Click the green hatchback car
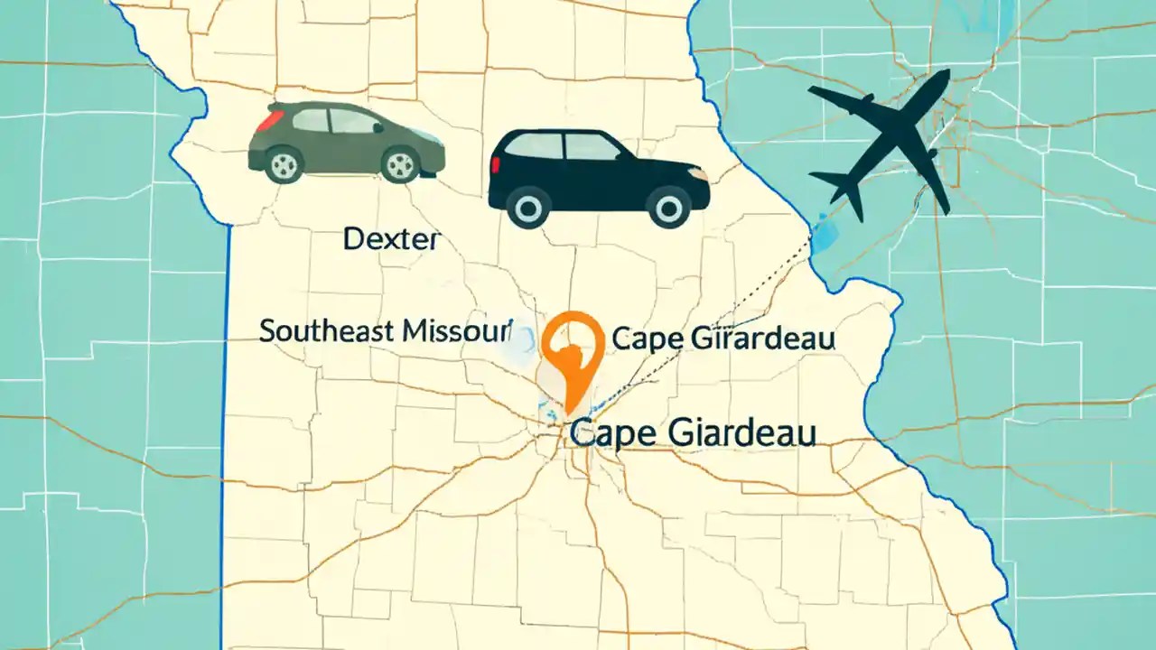click(x=346, y=142)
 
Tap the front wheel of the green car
click(x=398, y=163)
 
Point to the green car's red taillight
click(x=267, y=120)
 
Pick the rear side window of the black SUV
click(x=535, y=146)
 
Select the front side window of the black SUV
click(x=592, y=146)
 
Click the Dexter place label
click(x=392, y=240)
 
